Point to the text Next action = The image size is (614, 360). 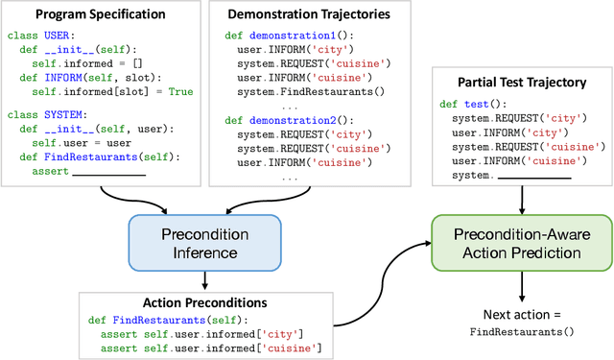click(520, 314)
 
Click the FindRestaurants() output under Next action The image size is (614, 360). click(521, 331)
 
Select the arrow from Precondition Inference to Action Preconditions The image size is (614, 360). click(205, 278)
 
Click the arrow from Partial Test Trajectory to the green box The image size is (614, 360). click(521, 200)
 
